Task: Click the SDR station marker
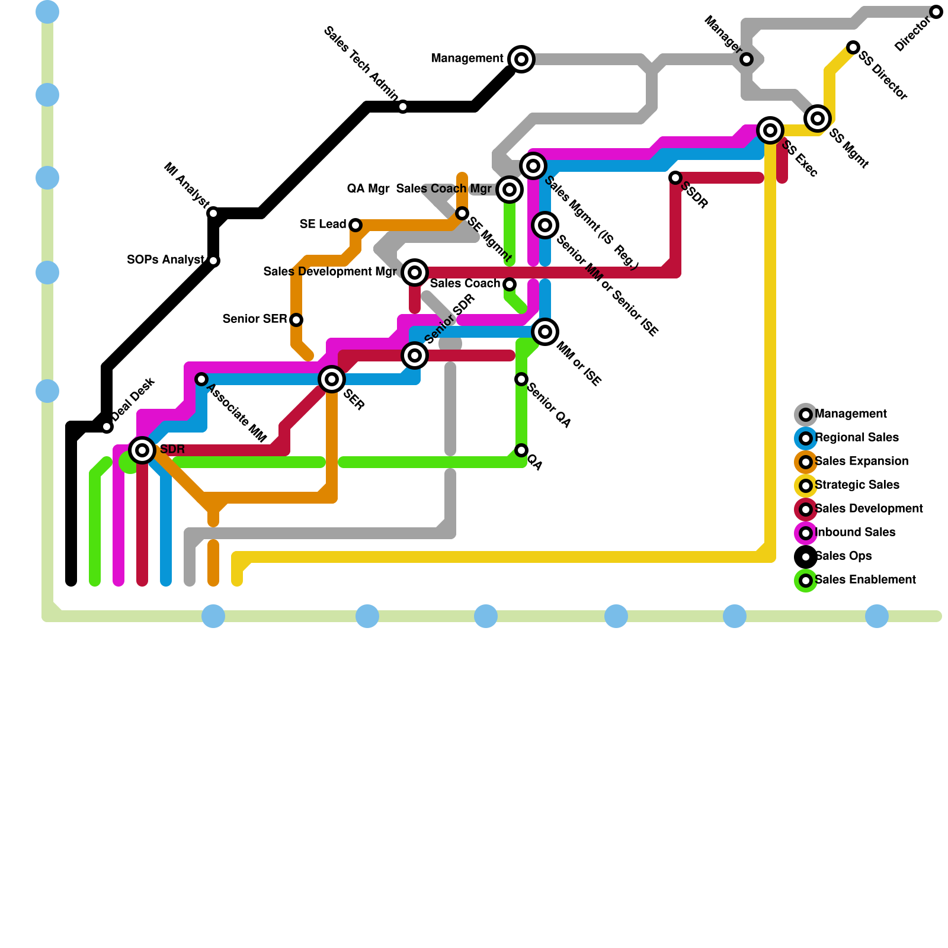tap(142, 450)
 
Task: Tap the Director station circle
tap(936, 12)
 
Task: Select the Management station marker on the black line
tap(521, 59)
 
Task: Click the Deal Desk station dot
tap(107, 427)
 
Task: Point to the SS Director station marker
tap(853, 47)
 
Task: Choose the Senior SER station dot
tap(296, 320)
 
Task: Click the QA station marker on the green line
tap(521, 450)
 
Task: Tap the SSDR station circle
tap(675, 178)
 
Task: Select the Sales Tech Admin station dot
tap(403, 107)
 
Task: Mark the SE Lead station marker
tap(355, 225)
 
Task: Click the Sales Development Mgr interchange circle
tap(415, 273)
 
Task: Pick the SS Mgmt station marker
tap(817, 118)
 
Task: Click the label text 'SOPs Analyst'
tap(165, 260)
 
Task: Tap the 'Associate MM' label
tap(237, 415)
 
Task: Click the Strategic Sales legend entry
tap(857, 485)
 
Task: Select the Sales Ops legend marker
tap(805, 557)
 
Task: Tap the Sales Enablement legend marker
tap(805, 581)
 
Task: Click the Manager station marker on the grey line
tap(747, 59)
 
